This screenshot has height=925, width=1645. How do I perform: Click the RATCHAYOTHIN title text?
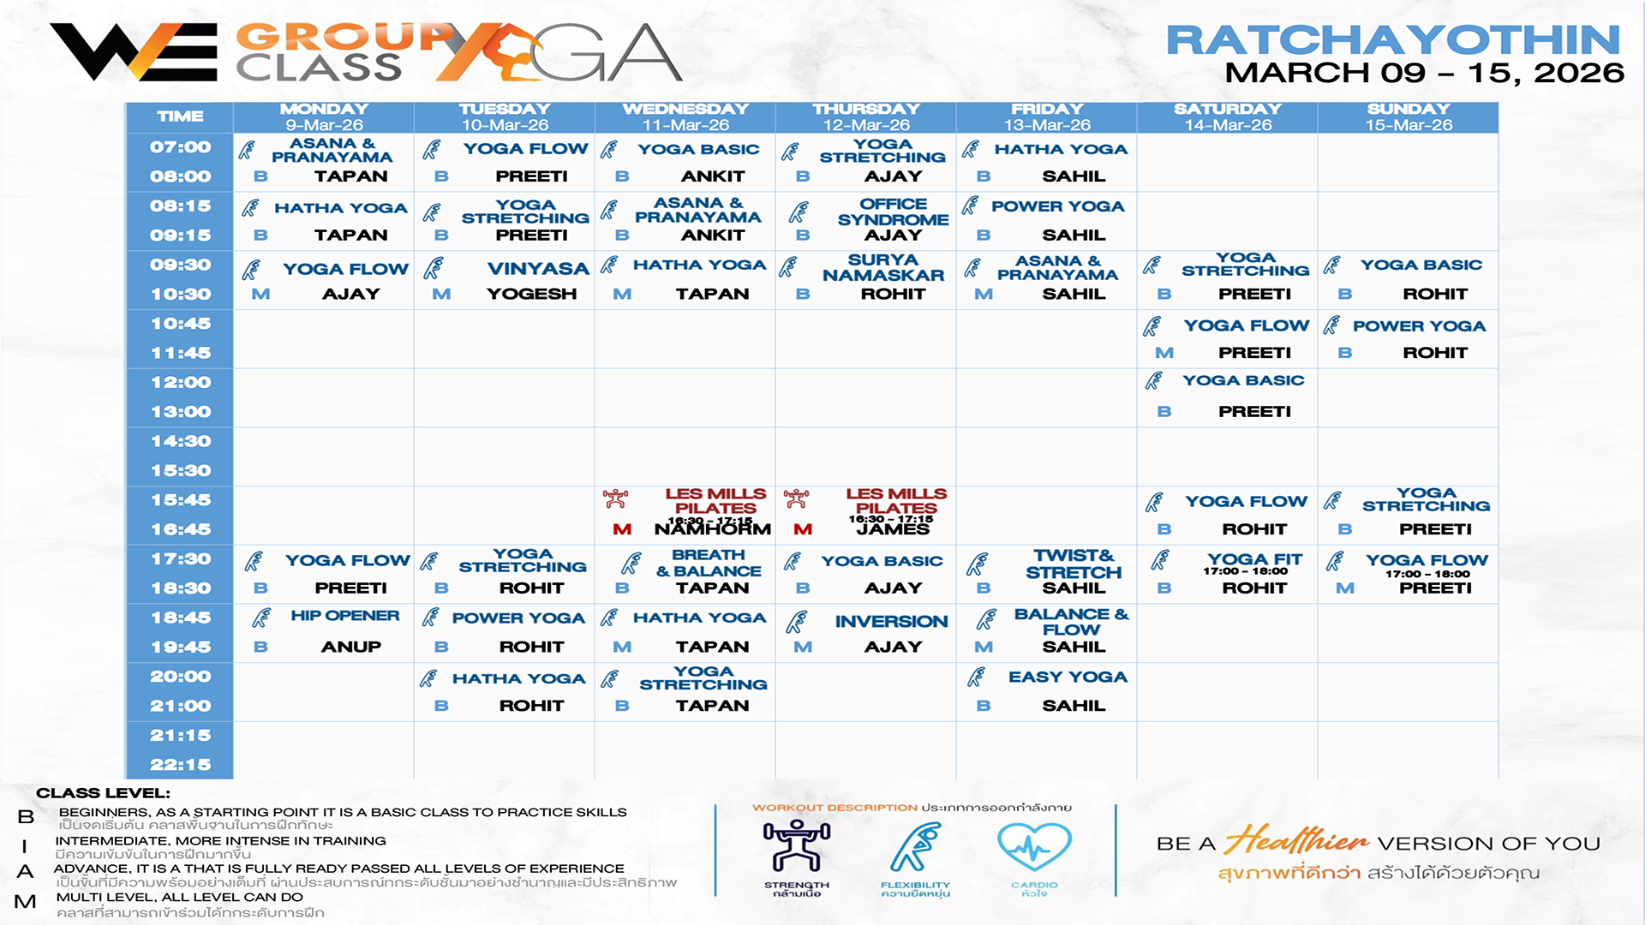(1393, 39)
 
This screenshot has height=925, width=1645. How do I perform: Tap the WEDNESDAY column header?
(685, 110)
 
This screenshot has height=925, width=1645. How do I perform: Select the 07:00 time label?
(180, 147)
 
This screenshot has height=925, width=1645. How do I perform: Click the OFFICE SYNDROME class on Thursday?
(893, 212)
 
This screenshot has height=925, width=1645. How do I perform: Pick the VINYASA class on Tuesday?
(537, 269)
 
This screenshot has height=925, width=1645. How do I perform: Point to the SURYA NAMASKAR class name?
(883, 267)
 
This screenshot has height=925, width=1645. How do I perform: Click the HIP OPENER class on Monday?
(344, 616)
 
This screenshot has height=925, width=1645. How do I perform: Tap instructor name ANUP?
(350, 647)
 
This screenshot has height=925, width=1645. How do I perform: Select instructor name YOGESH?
(531, 294)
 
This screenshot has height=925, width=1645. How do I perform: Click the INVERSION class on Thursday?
(891, 622)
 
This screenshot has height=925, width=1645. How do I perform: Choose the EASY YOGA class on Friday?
(1068, 677)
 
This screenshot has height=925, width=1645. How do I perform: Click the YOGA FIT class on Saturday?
(1254, 559)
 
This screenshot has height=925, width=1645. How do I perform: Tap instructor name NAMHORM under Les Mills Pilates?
(712, 529)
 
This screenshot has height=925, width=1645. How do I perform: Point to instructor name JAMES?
(893, 529)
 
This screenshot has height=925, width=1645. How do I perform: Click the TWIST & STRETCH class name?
(1073, 564)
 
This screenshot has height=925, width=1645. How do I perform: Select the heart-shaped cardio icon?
(1034, 846)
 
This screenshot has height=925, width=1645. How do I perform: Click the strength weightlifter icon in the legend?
(797, 846)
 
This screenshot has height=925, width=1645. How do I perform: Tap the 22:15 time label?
(180, 765)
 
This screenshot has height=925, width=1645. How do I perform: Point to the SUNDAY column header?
(1408, 110)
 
